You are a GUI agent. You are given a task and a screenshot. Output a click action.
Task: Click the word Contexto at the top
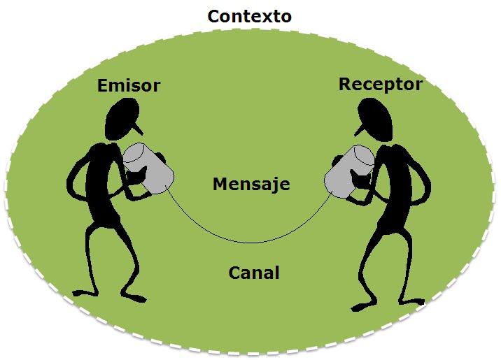(x=250, y=15)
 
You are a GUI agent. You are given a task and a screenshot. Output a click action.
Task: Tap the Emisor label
(x=129, y=85)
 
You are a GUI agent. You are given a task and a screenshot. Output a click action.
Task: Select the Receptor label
(x=380, y=84)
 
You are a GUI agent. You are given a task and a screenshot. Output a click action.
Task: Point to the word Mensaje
(x=250, y=185)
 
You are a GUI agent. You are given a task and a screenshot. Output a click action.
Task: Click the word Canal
(x=254, y=272)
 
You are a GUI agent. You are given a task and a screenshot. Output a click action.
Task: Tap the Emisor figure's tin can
(x=148, y=169)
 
